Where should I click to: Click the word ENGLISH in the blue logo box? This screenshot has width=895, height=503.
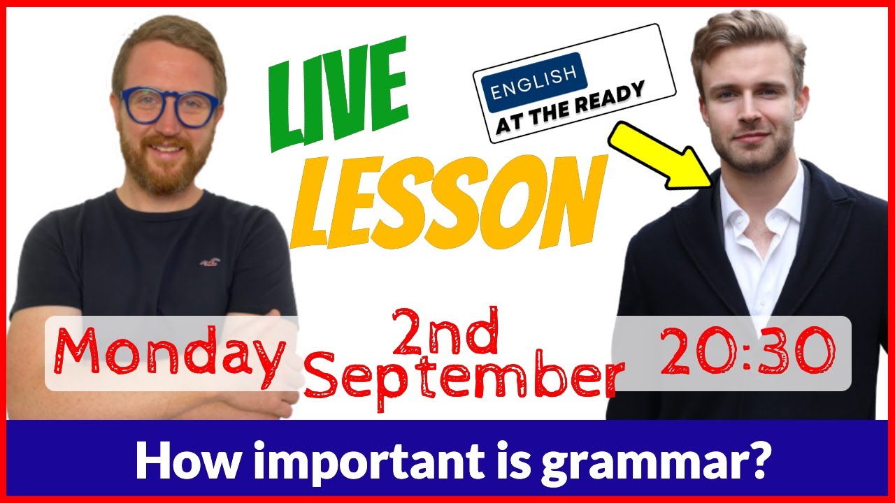[534, 81]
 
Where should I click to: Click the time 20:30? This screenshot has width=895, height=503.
[747, 351]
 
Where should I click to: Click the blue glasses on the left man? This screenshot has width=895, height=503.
[169, 107]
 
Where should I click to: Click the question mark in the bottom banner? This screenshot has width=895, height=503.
[757, 459]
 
